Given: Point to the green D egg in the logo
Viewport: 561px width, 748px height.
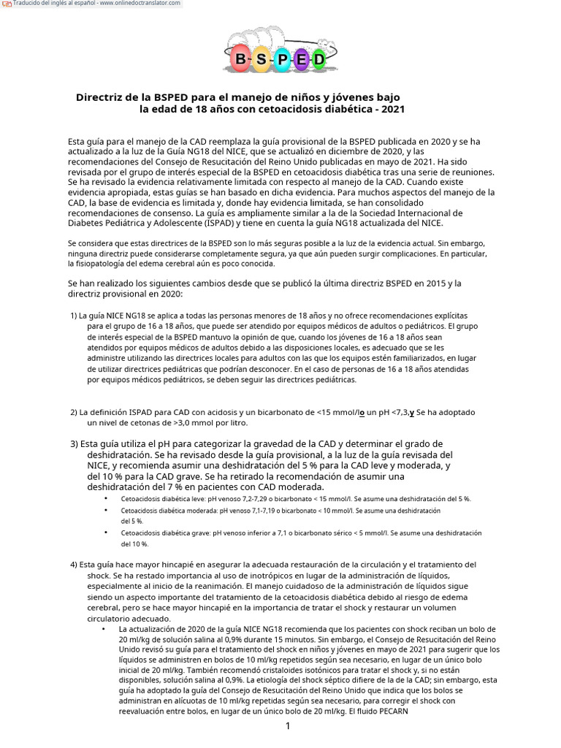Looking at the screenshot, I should [319, 59].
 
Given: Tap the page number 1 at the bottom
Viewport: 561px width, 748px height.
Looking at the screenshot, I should [288, 725].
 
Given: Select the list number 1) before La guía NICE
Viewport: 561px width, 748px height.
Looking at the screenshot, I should [74, 315].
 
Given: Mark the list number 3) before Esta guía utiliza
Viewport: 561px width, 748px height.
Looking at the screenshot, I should [75, 443].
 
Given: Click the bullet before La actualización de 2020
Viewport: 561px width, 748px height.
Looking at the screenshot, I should [104, 629].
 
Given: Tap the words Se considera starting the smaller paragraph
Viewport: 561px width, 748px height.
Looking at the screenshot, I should [90, 243].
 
